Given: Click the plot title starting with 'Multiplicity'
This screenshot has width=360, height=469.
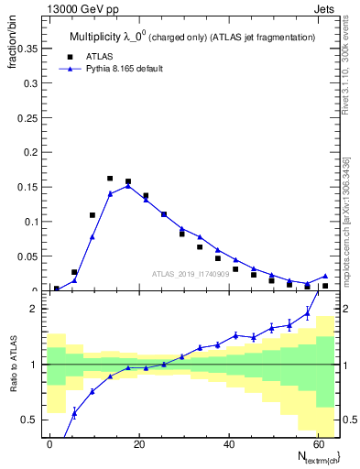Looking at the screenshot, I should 192,37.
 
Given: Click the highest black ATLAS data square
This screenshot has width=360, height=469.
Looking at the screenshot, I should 110,179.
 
